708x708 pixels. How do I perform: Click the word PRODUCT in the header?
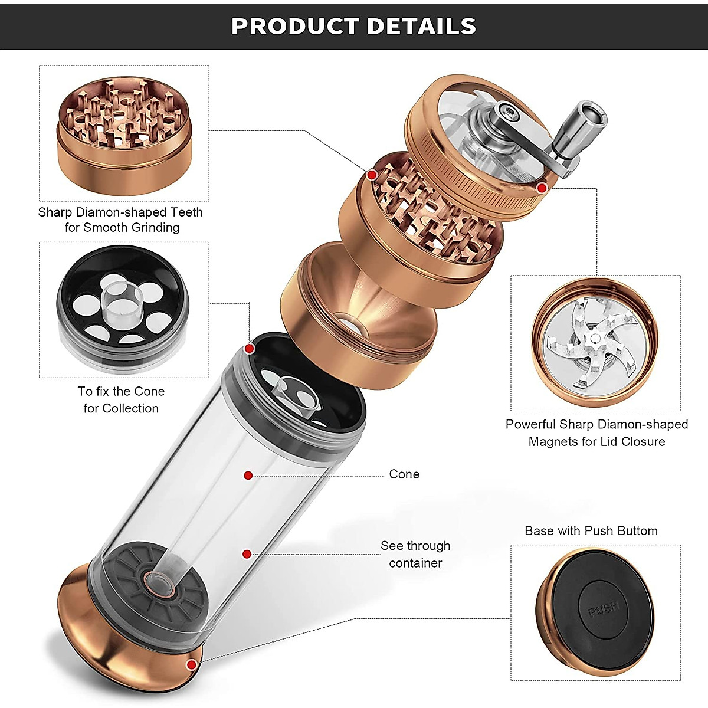(295, 26)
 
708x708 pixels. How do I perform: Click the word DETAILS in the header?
(421, 26)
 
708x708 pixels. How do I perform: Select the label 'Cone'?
(404, 474)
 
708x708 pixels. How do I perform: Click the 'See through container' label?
(415, 554)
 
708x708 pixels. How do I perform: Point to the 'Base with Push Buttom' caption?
(591, 530)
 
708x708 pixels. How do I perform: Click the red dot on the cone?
(248, 476)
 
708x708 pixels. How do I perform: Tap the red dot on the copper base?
(191, 666)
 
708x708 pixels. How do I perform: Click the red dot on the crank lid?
(542, 188)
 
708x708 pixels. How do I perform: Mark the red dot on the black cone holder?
(250, 349)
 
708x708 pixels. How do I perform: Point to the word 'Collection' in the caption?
(130, 408)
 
